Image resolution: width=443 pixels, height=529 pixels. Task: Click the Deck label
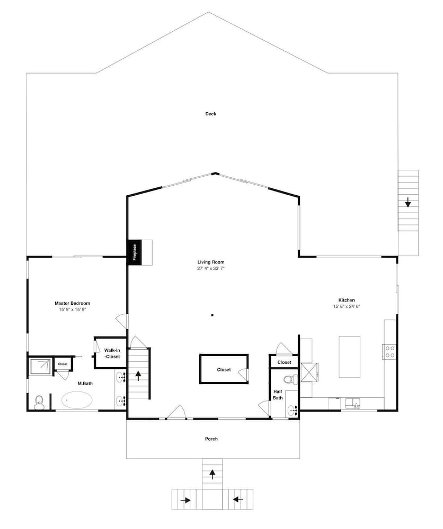(x=210, y=114)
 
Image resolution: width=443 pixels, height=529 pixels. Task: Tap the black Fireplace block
(x=135, y=252)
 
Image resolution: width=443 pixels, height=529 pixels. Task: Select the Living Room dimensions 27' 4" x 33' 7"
(x=211, y=269)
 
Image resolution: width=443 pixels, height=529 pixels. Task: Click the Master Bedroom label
(x=72, y=303)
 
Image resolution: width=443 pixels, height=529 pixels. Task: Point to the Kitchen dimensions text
(x=347, y=306)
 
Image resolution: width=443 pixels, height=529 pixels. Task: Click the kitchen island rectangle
(x=349, y=357)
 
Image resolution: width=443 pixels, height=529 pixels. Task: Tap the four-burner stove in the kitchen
(x=389, y=351)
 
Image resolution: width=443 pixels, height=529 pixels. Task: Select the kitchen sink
(x=353, y=403)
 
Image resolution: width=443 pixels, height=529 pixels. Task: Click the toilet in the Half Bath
(x=289, y=379)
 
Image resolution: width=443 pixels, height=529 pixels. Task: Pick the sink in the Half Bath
(x=292, y=411)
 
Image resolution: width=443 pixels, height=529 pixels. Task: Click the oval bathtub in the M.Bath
(x=77, y=400)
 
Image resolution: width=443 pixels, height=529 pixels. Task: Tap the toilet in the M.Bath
(x=39, y=403)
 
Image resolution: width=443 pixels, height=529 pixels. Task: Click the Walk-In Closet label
(x=112, y=353)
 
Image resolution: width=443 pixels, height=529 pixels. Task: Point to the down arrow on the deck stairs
(x=408, y=202)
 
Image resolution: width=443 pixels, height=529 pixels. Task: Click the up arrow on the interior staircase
(x=138, y=376)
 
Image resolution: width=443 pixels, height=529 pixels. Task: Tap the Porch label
(x=211, y=439)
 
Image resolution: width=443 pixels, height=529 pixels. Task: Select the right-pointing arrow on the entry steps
(x=185, y=500)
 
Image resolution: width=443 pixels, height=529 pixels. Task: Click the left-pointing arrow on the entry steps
(x=238, y=499)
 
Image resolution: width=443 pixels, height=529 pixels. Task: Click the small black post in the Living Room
(x=212, y=315)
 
